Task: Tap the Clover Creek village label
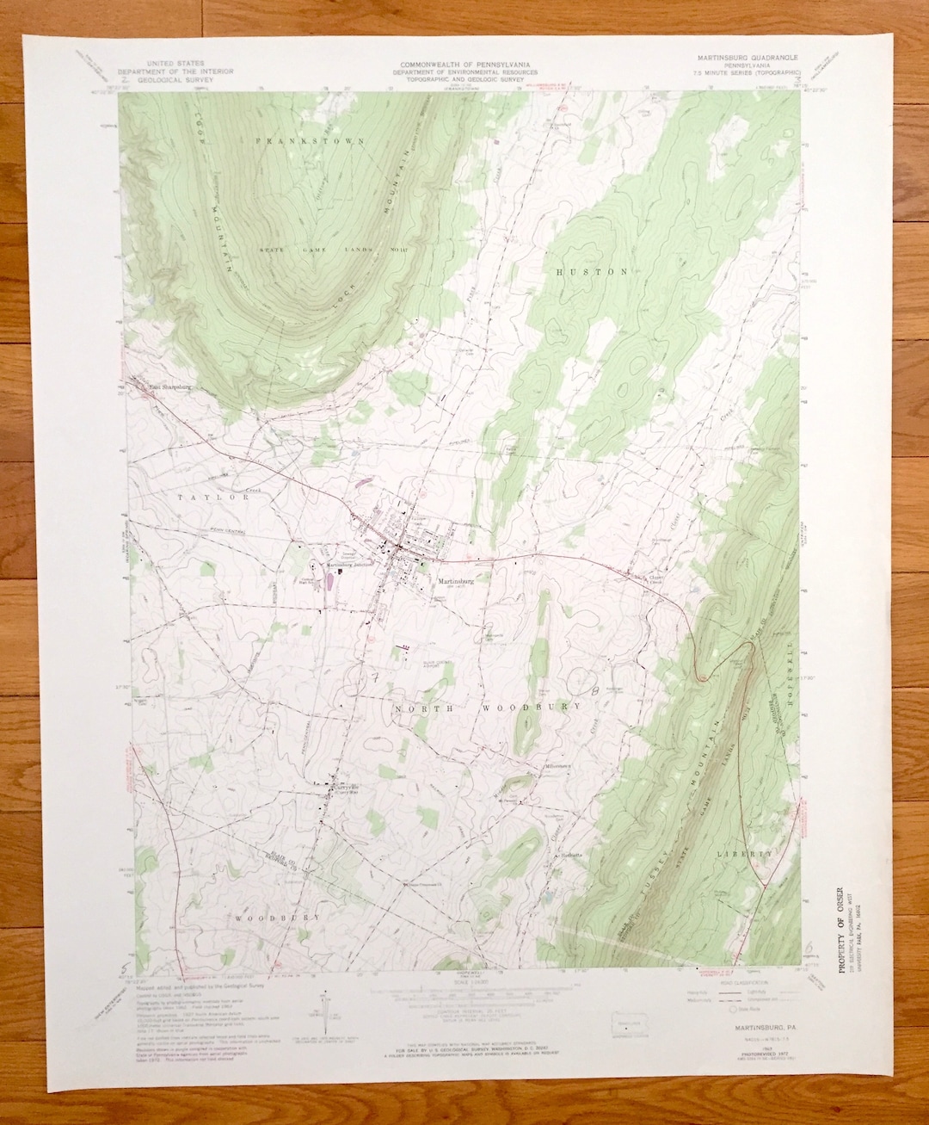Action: pyautogui.click(x=658, y=578)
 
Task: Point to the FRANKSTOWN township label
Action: pyautogui.click(x=311, y=139)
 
